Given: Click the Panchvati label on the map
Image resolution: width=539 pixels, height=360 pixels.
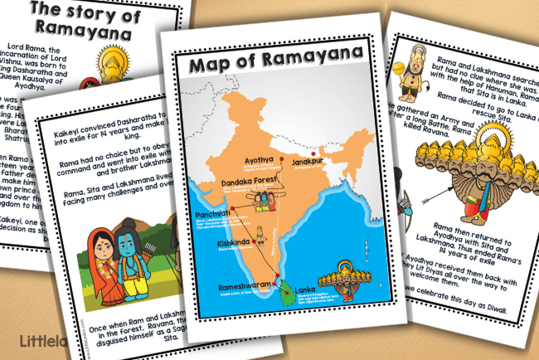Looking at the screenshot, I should click(213, 214).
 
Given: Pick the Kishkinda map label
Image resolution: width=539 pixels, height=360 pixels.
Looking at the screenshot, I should click(231, 243).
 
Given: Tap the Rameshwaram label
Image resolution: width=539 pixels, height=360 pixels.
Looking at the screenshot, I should click(245, 287).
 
